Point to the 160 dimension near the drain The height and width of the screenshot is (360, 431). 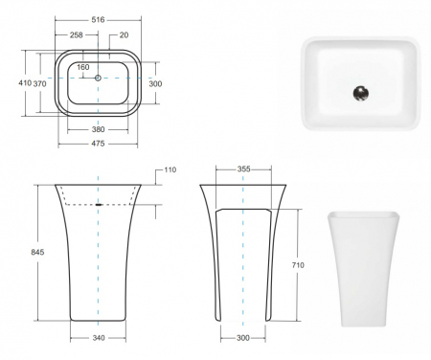click(x=83, y=67)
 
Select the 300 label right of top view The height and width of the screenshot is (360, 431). click(x=155, y=83)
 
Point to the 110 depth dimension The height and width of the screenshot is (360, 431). click(x=170, y=169)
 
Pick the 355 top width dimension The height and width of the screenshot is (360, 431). click(x=243, y=169)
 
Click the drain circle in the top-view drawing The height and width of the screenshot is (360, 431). click(x=97, y=77)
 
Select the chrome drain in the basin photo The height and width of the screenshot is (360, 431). click(x=359, y=93)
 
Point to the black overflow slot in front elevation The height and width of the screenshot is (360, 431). click(x=100, y=204)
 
